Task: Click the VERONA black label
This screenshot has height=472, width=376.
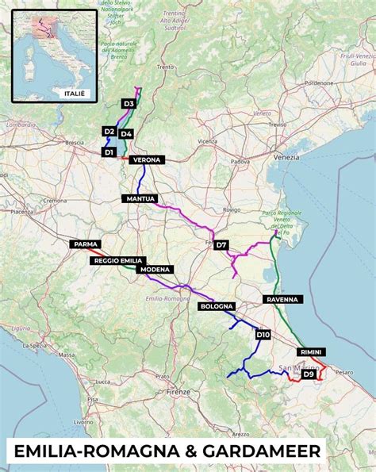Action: point(148,160)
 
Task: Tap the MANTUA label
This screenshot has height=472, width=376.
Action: point(140,198)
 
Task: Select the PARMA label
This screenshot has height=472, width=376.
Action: point(85,245)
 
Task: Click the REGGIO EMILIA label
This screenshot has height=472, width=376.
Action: point(117,260)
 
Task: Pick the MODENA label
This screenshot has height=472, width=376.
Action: point(155,270)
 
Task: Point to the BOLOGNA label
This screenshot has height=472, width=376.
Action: point(217,306)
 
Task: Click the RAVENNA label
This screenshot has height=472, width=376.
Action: point(282,300)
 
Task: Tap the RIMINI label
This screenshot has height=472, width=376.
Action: point(312,351)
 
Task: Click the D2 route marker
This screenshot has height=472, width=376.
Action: point(109,131)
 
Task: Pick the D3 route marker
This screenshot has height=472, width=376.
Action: point(129,104)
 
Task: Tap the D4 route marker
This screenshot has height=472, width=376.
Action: point(127,134)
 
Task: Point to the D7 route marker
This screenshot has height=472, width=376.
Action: point(221,245)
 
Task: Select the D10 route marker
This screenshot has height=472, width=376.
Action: point(263,336)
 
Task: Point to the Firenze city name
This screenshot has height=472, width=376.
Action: point(179,392)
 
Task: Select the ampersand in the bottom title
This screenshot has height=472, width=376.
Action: point(183,452)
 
